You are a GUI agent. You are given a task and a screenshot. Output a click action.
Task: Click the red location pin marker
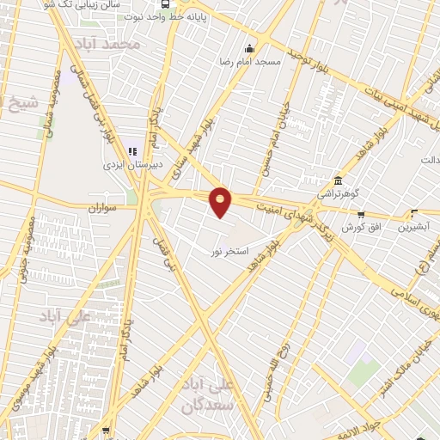(x=221, y=201)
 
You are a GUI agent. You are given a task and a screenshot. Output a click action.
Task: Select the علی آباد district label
(x=64, y=316)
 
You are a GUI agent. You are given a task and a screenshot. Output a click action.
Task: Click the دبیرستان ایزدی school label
(x=127, y=160)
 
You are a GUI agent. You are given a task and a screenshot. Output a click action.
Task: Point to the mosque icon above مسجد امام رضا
(x=250, y=48)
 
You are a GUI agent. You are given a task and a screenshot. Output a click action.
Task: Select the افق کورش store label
(x=361, y=228)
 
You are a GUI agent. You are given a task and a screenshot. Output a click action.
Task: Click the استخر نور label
(x=229, y=251)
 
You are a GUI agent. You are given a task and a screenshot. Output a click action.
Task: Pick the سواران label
(x=101, y=208)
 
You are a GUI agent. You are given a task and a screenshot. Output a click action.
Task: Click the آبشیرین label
(x=414, y=229)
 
